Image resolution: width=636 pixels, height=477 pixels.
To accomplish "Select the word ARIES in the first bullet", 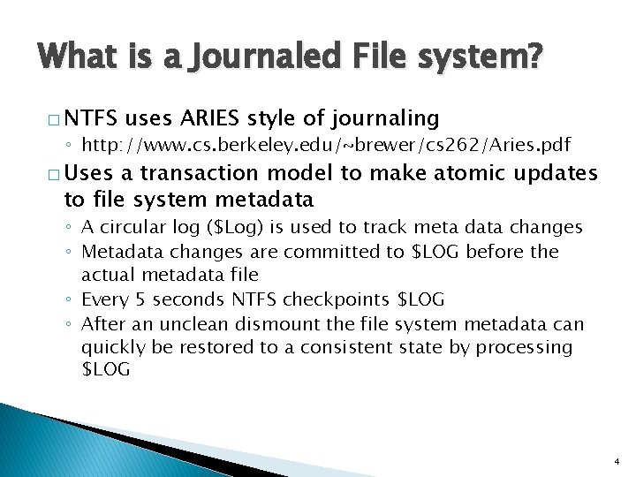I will [x=215, y=117].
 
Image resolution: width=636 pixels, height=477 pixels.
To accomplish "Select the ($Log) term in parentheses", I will [x=238, y=228].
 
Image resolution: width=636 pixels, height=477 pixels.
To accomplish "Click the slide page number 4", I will [x=616, y=461].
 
